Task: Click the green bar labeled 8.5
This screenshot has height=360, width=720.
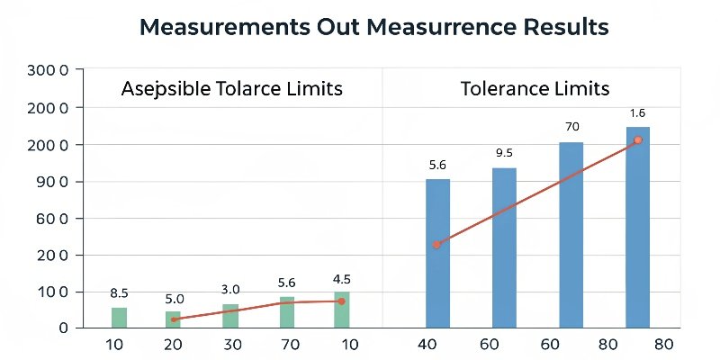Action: (x=119, y=317)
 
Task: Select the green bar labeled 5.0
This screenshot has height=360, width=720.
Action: (x=173, y=319)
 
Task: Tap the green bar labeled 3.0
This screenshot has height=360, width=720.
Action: (x=230, y=315)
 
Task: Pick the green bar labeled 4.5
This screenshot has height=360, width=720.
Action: (x=341, y=310)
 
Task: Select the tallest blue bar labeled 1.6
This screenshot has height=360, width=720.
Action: (x=638, y=227)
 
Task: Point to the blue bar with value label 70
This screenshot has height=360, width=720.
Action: (x=571, y=234)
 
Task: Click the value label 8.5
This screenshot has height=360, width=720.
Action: (x=119, y=292)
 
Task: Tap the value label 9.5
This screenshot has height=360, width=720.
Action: (x=504, y=153)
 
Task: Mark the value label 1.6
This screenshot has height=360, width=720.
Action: (x=638, y=112)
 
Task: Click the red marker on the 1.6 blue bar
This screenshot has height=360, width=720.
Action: (x=638, y=140)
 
